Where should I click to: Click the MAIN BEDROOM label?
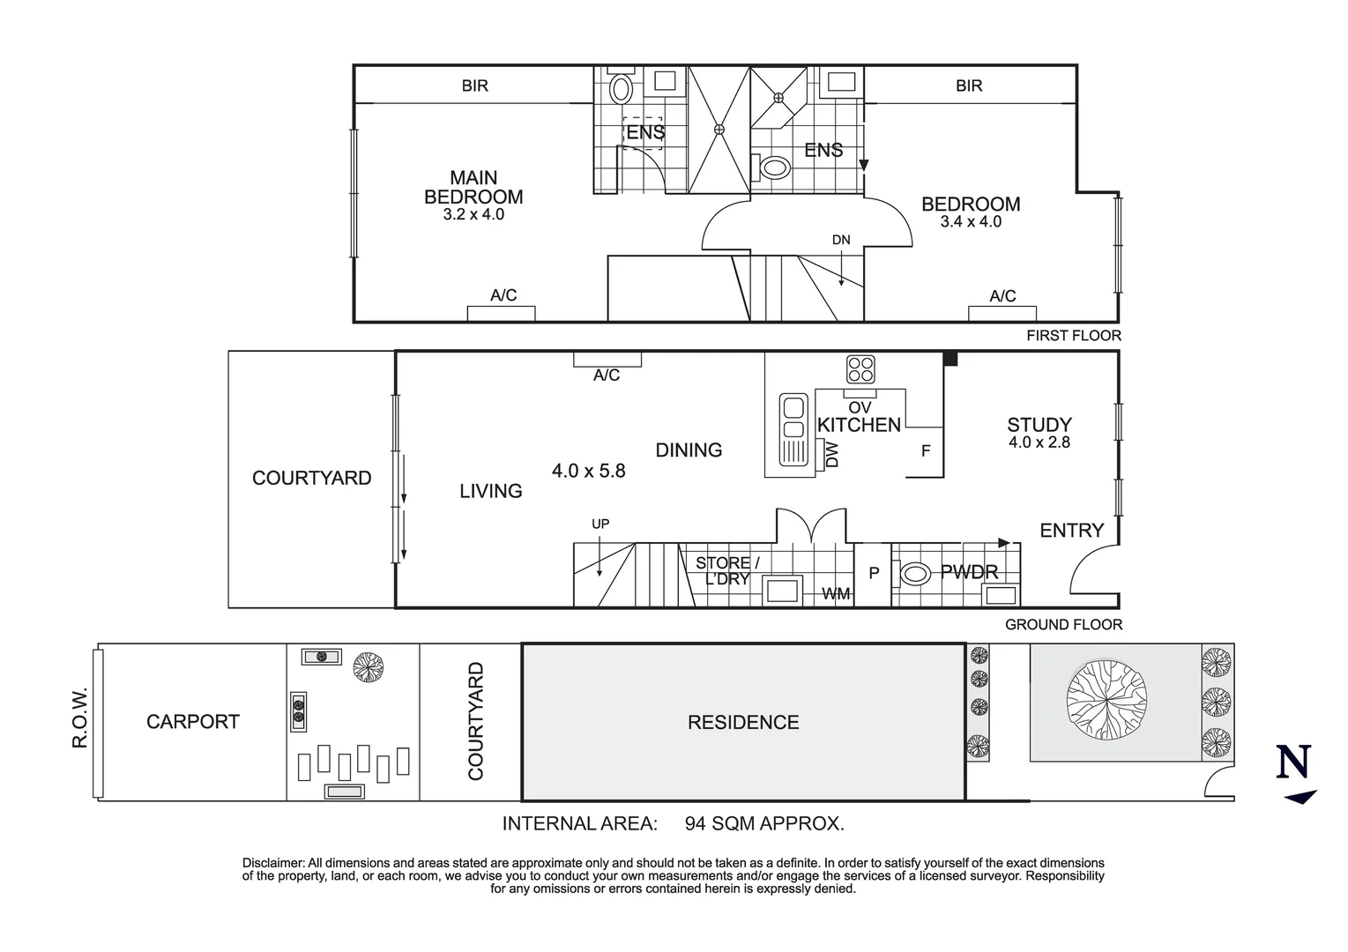tap(473, 187)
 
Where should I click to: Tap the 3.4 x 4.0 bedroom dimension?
tap(971, 222)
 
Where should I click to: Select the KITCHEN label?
tap(859, 425)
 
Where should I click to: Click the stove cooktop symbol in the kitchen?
tap(860, 368)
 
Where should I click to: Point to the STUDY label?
tap(1039, 425)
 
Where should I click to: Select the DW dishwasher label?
tap(831, 455)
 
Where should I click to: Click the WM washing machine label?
tap(836, 594)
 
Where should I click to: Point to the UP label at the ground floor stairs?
tap(600, 524)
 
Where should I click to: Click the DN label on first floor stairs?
tap(841, 240)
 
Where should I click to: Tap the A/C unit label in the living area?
tap(607, 376)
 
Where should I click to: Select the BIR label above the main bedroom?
tap(474, 86)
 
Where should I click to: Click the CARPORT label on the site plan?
tap(192, 722)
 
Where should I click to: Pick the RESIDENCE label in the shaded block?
tap(743, 723)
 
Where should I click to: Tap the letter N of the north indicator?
tap(1293, 762)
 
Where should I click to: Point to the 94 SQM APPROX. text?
tap(764, 824)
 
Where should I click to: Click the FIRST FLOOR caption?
tap(1073, 336)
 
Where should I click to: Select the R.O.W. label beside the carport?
tap(80, 717)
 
